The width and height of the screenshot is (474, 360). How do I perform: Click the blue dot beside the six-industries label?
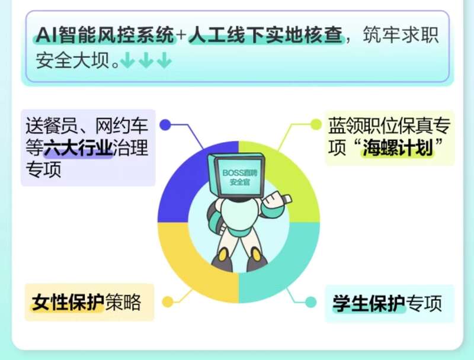(x=165, y=125)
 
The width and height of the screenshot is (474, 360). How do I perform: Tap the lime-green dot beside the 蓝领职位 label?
(x=316, y=124)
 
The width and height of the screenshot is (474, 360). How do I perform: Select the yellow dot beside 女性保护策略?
(x=168, y=301)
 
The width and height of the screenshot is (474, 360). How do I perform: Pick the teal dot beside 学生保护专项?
(x=310, y=302)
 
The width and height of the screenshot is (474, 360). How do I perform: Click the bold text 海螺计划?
(x=398, y=147)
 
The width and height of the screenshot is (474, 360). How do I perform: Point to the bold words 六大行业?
(x=78, y=148)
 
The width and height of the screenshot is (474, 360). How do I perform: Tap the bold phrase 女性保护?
(x=68, y=302)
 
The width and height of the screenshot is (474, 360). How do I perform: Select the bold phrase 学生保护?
(x=369, y=303)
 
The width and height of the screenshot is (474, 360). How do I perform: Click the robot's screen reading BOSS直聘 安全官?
(x=239, y=177)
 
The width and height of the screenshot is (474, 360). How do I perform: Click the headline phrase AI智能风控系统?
(x=105, y=35)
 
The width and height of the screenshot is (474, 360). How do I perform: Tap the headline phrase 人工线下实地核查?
(x=266, y=35)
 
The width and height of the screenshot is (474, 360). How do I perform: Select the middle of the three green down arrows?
(x=146, y=60)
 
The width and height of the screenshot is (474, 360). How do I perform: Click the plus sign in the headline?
(x=182, y=35)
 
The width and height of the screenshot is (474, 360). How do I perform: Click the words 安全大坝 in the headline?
(x=72, y=60)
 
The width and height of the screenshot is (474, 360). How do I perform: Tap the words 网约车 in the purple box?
(x=122, y=126)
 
